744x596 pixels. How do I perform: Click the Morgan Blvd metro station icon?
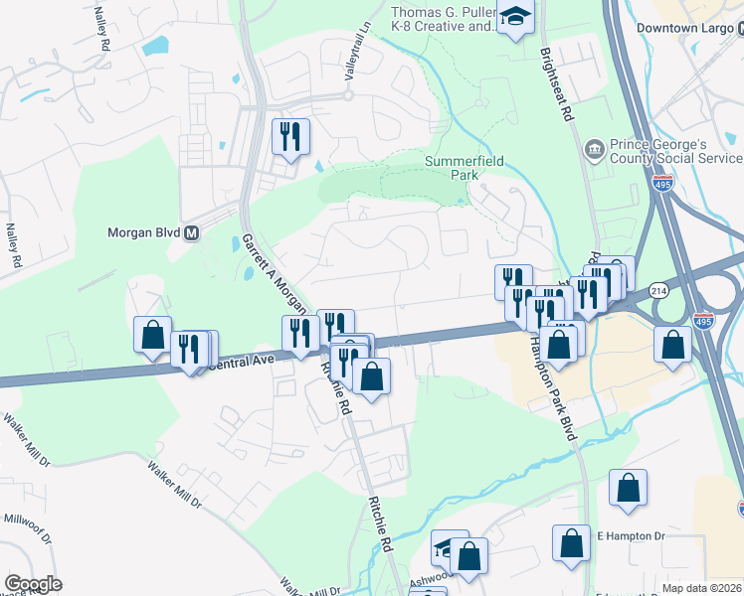coord(192,233)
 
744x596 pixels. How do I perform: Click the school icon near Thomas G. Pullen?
coord(515,17)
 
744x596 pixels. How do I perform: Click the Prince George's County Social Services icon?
coord(594,150)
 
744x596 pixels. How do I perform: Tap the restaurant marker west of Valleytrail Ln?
coord(290,135)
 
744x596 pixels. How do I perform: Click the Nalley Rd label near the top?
coord(101,30)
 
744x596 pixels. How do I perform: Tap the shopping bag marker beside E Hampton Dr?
coord(571,543)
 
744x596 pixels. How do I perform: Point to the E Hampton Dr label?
coord(630,536)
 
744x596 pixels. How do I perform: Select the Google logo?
coord(33,584)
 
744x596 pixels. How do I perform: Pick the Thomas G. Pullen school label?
coord(443,20)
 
